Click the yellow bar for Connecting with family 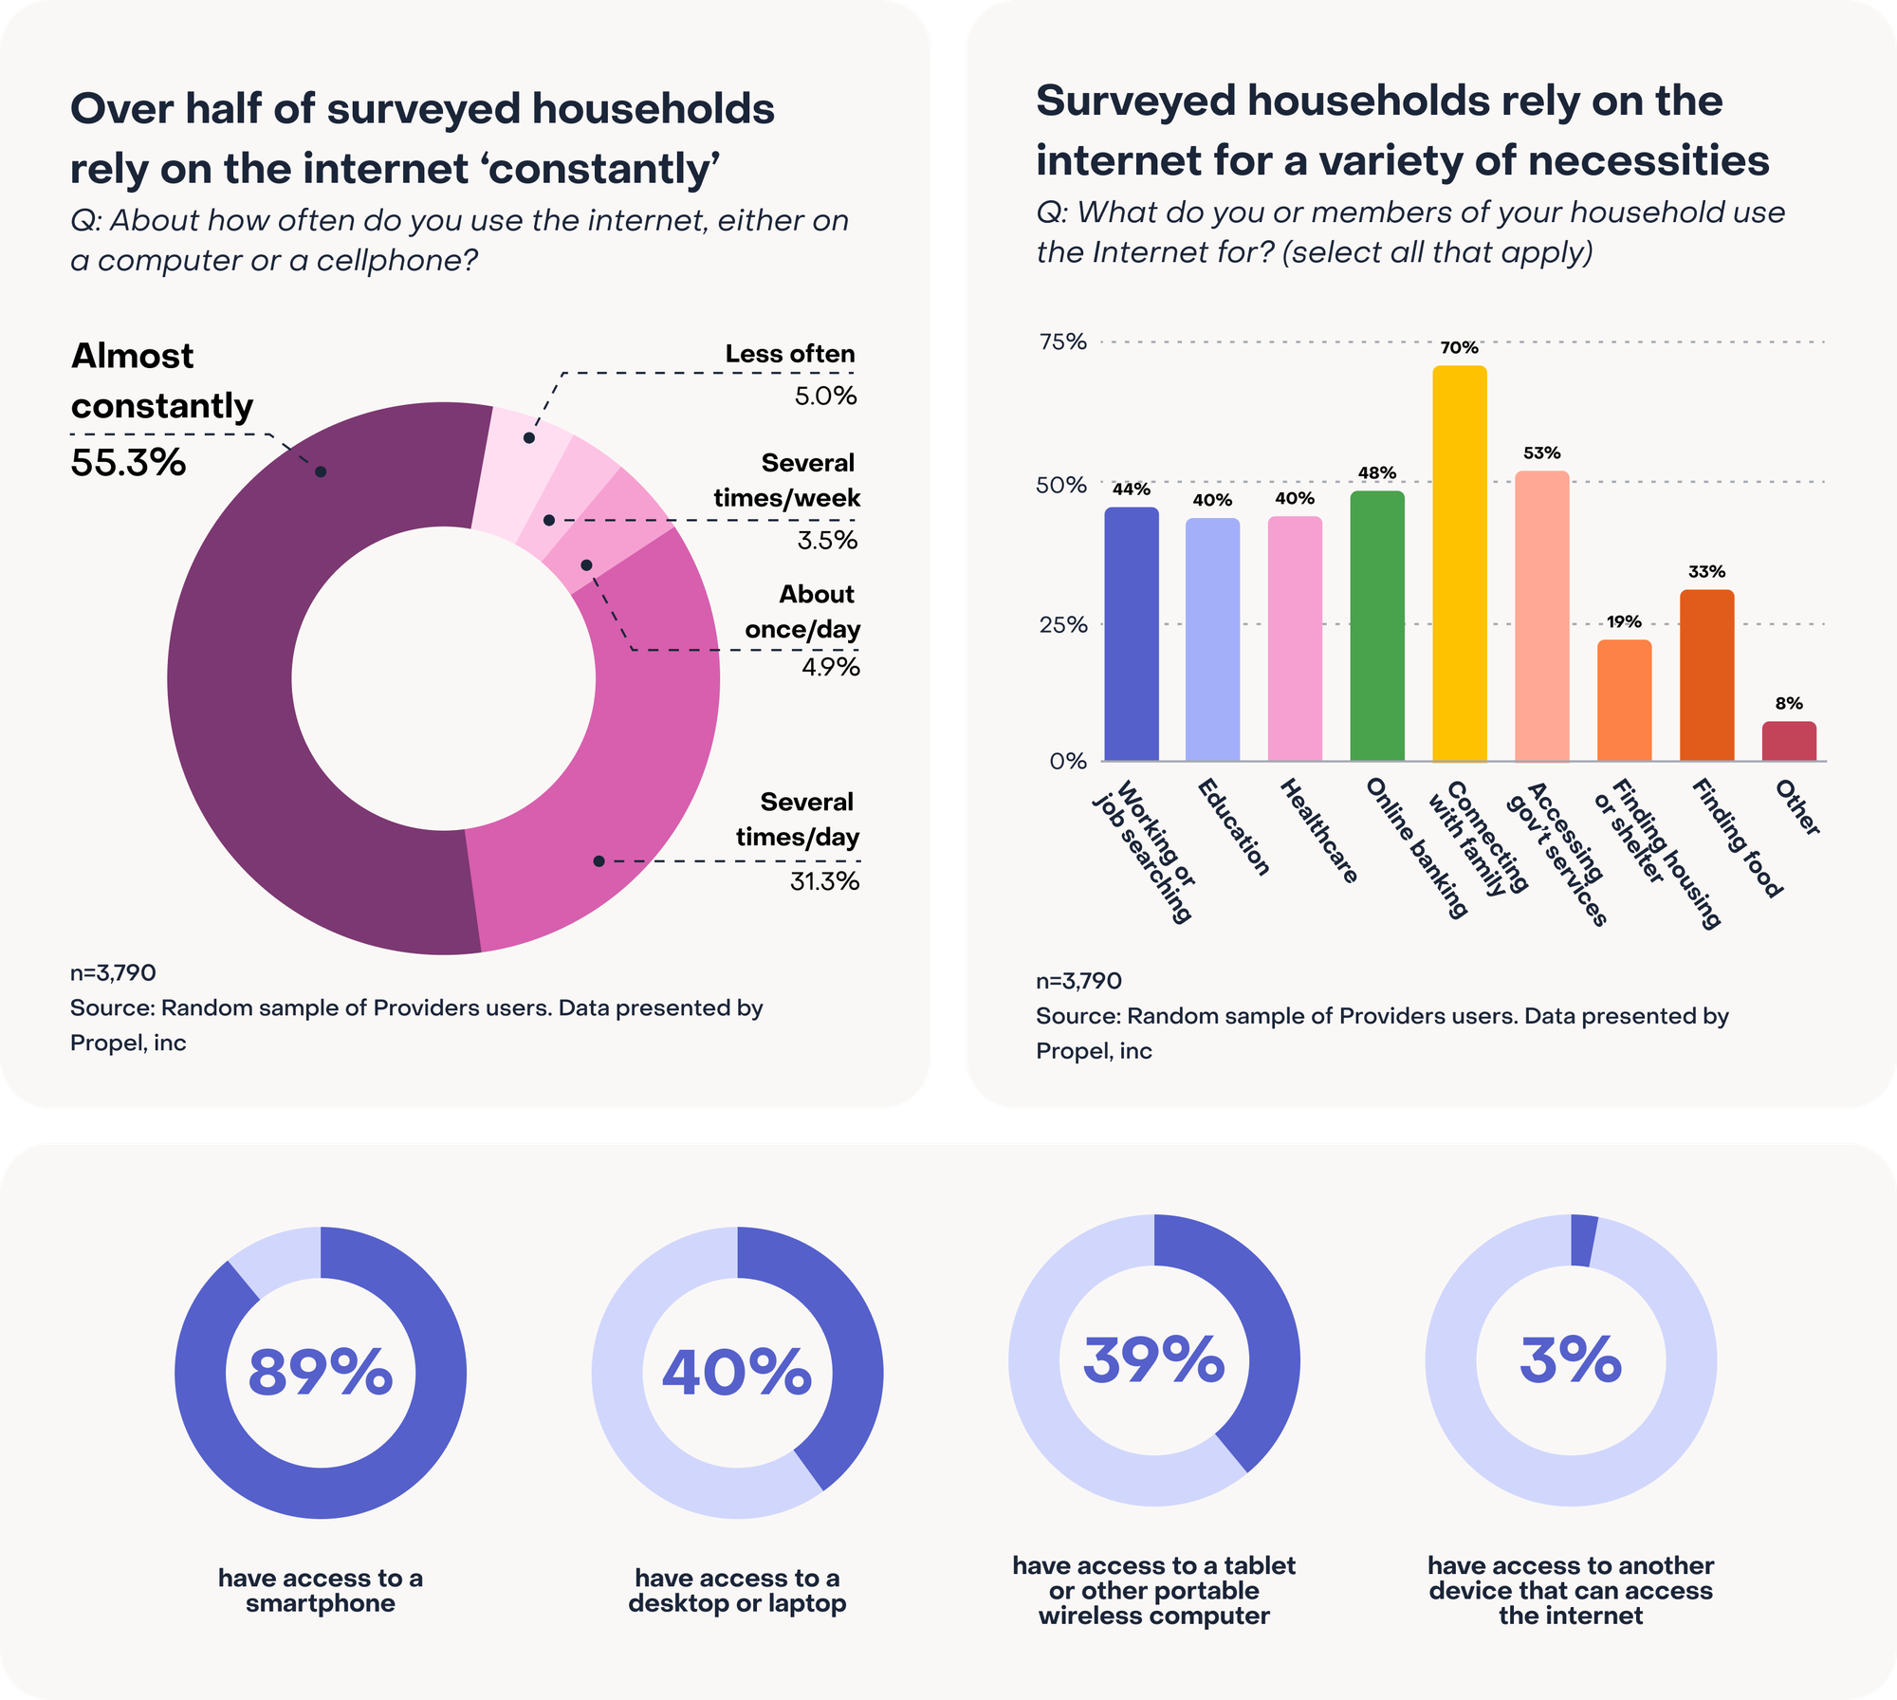tap(1459, 564)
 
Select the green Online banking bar tap(1376, 626)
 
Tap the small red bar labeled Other tap(1789, 741)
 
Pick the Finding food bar tap(1706, 675)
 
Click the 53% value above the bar tap(1541, 453)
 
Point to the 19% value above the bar tap(1624, 622)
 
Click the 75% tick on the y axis tap(1062, 342)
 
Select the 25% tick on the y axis tap(1062, 624)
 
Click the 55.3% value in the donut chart tap(128, 463)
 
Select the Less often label tap(790, 354)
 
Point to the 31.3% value tap(824, 881)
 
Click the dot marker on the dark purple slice tap(321, 471)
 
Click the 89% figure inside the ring tap(321, 1372)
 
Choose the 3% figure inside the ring tap(1571, 1359)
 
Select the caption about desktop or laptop tap(737, 1591)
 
